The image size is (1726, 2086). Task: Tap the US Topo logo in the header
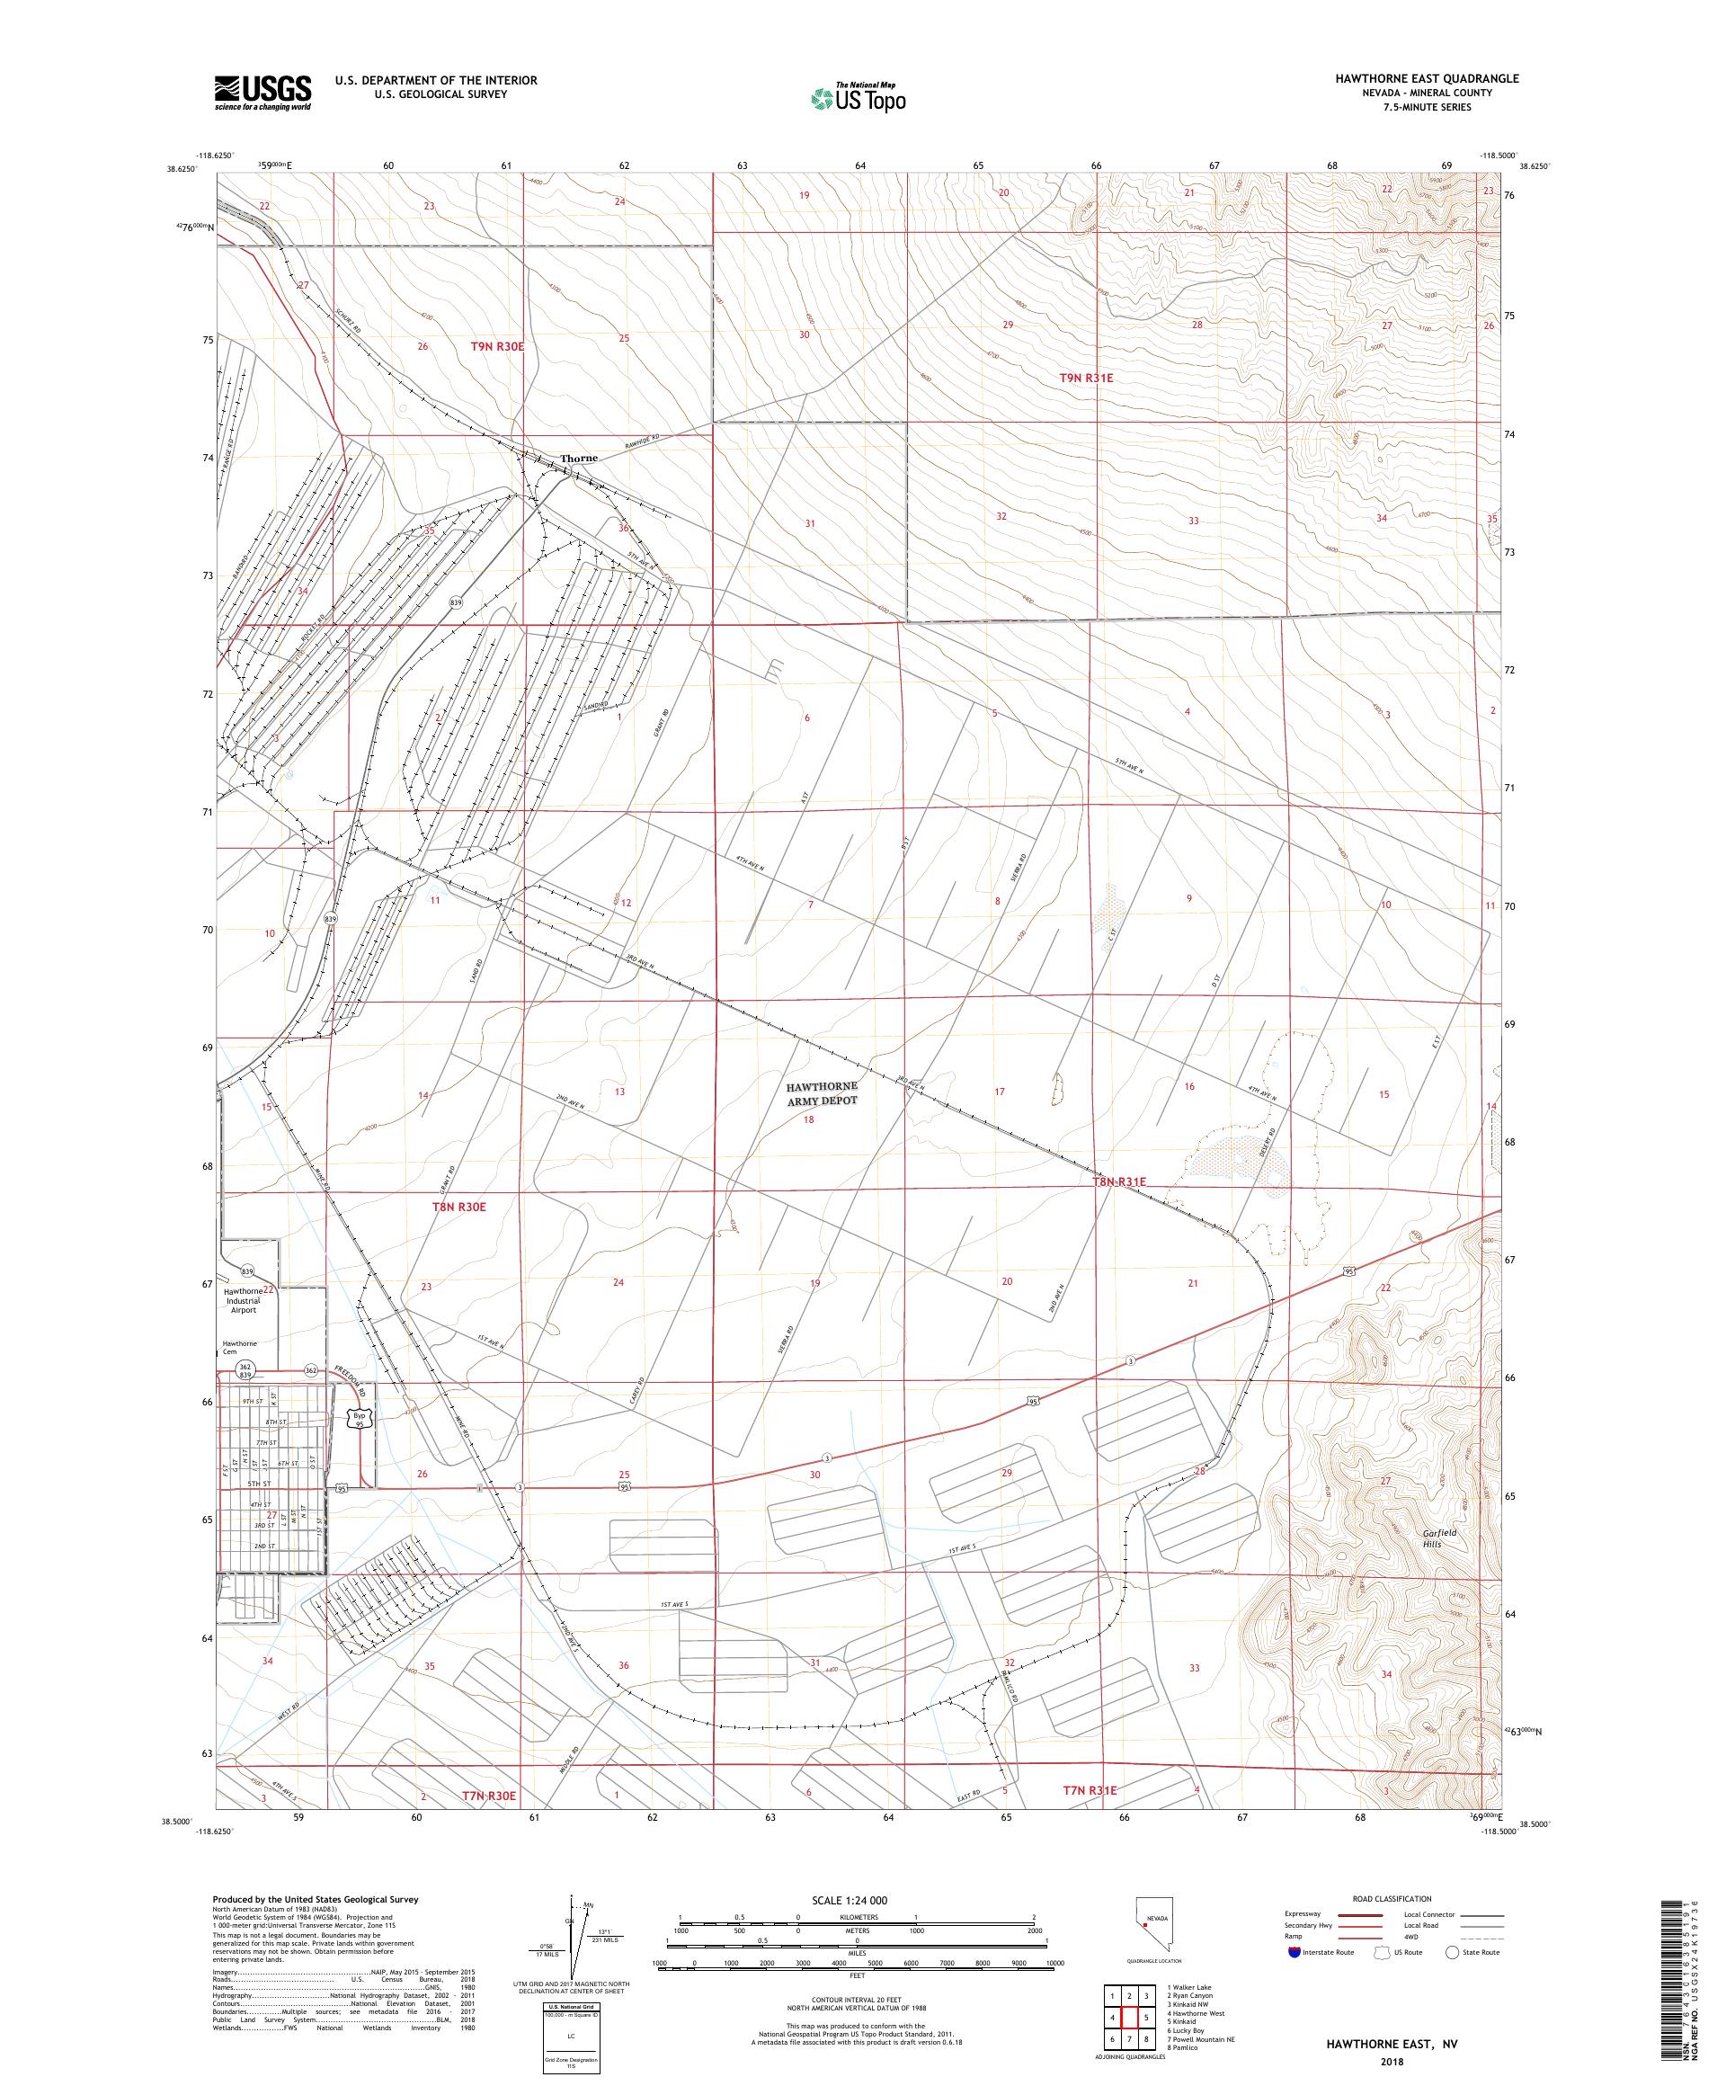coord(859,97)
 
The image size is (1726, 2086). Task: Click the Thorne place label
coord(579,459)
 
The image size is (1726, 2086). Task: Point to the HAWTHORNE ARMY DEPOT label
coord(822,1092)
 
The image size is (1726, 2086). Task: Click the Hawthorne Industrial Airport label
coord(244,1300)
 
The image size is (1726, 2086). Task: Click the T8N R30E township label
coord(458,1206)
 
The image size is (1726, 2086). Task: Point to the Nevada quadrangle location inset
coord(1155,1923)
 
